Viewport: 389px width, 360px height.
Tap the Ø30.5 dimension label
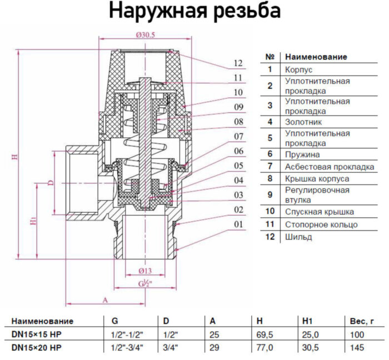tap(145, 35)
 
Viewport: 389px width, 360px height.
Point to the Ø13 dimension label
tap(144, 271)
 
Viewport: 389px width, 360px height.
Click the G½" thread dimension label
tap(145, 284)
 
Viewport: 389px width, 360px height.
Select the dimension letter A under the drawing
tap(104, 299)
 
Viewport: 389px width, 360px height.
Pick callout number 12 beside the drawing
tap(238, 63)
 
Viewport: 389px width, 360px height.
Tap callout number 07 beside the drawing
tap(238, 136)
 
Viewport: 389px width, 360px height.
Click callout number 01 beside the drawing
tap(238, 224)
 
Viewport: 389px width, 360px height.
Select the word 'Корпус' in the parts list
tap(298, 70)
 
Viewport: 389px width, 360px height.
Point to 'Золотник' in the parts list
tap(303, 121)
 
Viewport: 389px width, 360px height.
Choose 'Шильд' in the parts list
tap(298, 237)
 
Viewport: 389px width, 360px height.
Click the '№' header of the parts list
tap(270, 57)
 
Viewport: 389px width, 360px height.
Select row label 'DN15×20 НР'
tap(37, 348)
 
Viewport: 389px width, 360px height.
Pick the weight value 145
tap(357, 348)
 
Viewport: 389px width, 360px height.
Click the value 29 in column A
tap(213, 348)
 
